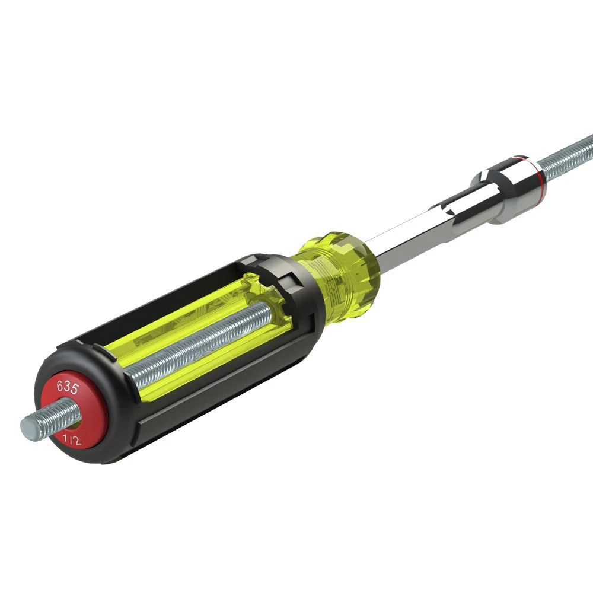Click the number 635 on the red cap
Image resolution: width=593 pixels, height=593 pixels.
68,387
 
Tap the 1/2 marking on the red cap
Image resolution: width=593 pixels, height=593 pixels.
72,439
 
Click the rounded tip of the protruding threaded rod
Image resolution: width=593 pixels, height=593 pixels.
27,427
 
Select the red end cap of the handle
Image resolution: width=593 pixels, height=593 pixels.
74,410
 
